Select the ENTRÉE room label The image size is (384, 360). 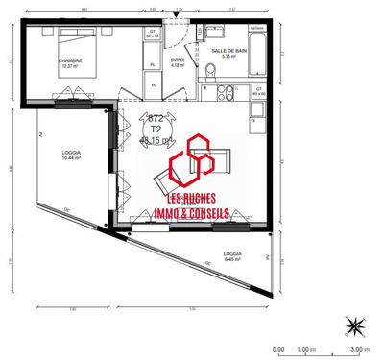177,61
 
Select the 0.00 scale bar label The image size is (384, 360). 278,349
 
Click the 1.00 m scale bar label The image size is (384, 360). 306,349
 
